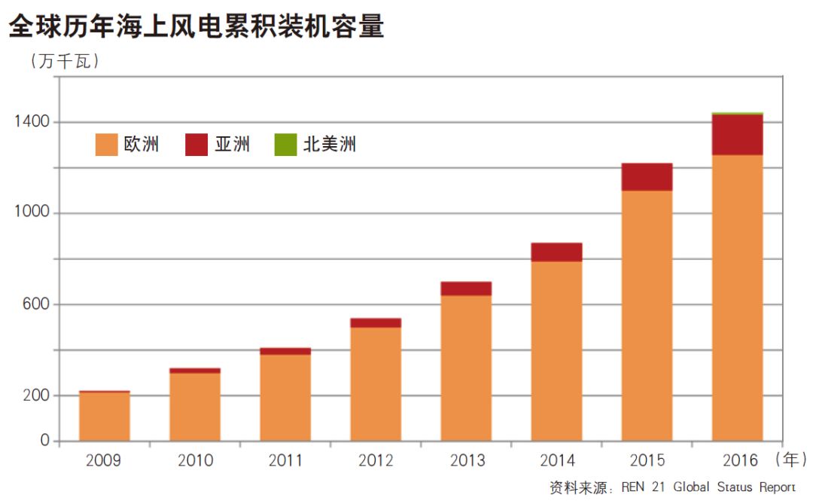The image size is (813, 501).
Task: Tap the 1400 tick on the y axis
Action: point(32,122)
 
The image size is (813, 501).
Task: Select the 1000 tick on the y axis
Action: point(32,213)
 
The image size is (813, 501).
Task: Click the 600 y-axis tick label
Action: point(35,304)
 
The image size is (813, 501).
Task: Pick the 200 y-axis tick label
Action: point(35,396)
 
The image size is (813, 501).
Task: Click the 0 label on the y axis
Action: point(44,441)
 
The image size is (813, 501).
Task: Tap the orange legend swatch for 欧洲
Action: point(106,145)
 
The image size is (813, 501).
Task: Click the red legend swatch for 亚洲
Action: point(196,145)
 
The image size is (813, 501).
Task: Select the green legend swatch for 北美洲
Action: point(286,145)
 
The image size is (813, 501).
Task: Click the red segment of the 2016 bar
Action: point(737,134)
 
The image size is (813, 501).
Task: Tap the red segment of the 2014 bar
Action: point(556,252)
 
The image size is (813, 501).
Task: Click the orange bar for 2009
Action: point(105,416)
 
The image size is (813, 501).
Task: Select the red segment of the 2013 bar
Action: point(466,289)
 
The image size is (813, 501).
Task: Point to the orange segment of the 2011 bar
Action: point(285,397)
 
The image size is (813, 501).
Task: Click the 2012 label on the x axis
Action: point(376,460)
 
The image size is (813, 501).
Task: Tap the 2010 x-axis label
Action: point(195,460)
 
